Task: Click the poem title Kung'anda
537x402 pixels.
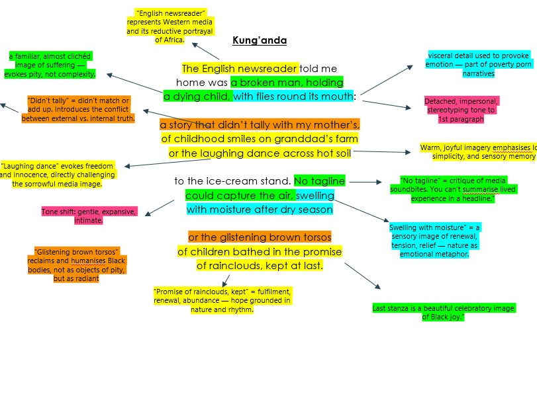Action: pos(260,40)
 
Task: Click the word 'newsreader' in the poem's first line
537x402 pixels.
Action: pos(272,69)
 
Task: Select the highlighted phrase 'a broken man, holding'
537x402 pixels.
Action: pos(287,83)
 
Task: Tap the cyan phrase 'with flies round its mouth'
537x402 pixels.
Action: pos(294,97)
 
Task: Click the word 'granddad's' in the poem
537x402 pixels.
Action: pos(297,139)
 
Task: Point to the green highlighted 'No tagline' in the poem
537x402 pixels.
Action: pos(319,181)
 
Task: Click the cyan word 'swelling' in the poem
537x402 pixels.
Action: pos(315,195)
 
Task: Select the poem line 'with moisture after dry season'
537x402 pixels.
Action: pos(260,210)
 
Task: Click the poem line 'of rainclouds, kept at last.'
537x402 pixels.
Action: pos(260,266)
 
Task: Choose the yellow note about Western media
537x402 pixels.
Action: pos(170,26)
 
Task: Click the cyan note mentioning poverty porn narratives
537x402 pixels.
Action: pos(469,64)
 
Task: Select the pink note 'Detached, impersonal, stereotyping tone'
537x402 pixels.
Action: pos(461,110)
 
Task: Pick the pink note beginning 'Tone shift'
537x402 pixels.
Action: pos(89,216)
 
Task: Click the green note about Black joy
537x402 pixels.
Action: pos(443,313)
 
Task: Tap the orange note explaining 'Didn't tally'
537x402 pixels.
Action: pos(78,110)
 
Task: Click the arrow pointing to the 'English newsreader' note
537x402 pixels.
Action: pos(206,51)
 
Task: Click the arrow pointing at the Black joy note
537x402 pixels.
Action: pos(362,276)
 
